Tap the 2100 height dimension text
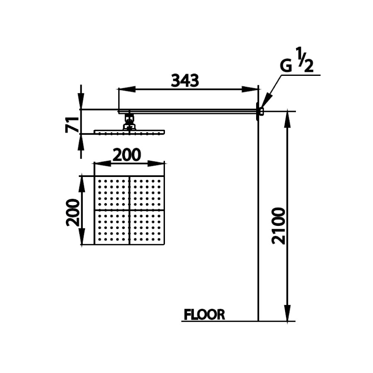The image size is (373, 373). click(x=280, y=226)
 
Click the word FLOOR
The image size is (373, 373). click(x=204, y=315)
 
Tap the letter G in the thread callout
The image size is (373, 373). click(x=286, y=67)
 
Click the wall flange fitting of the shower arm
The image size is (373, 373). click(x=259, y=111)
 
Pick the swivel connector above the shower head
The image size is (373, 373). click(x=129, y=123)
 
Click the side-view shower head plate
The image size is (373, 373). click(x=129, y=132)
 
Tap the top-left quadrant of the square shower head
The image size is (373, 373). click(x=112, y=193)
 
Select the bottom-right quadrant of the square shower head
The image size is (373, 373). click(x=147, y=228)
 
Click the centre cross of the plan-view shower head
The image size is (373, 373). click(x=130, y=210)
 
